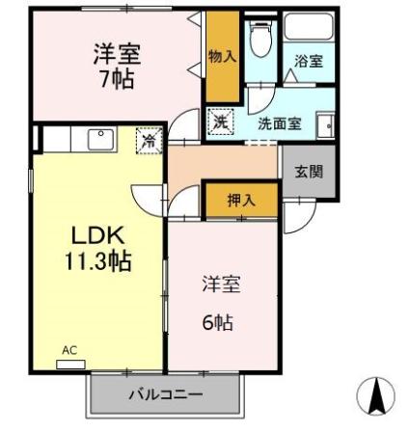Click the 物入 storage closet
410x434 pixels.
click(x=222, y=56)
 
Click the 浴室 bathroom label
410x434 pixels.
click(x=309, y=61)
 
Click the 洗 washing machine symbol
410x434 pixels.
click(x=220, y=122)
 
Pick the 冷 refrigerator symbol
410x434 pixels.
click(x=150, y=140)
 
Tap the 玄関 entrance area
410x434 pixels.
click(x=309, y=173)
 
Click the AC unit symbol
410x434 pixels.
click(x=69, y=363)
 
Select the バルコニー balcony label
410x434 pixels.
click(x=165, y=395)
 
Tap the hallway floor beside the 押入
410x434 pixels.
click(x=222, y=164)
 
